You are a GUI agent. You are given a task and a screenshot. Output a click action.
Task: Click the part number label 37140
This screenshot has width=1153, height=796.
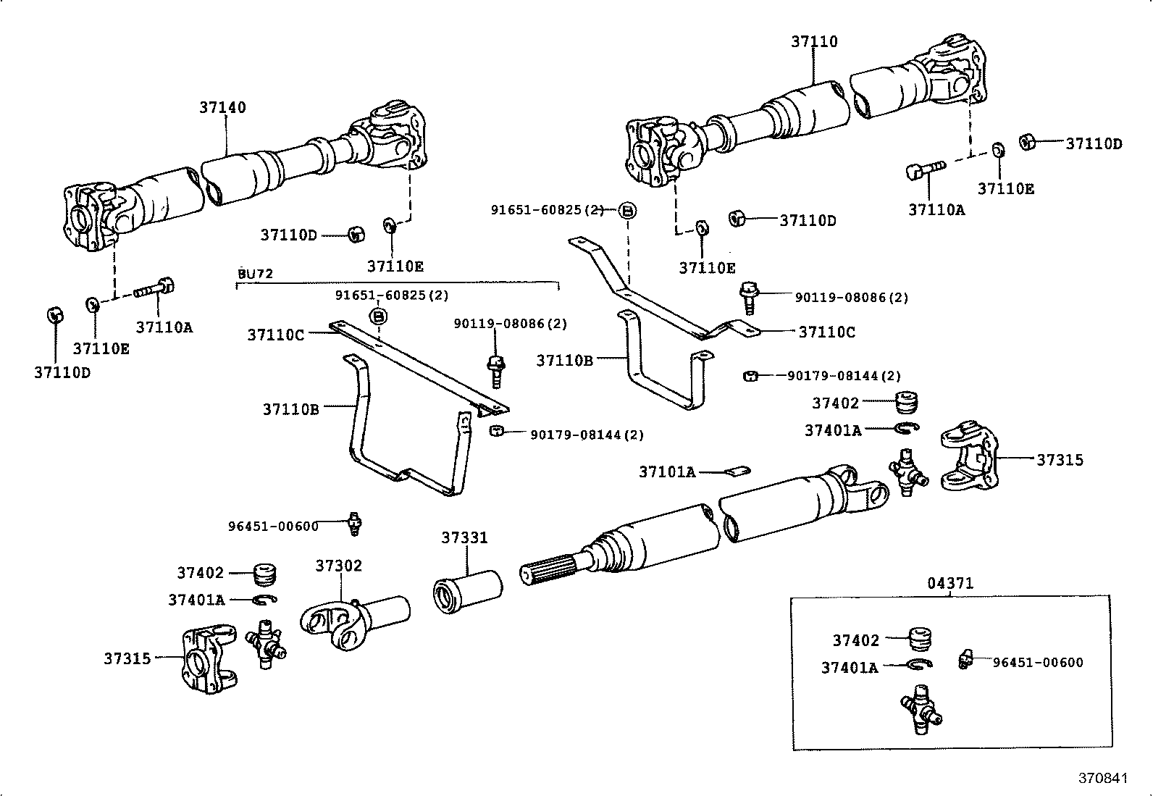pos(222,107)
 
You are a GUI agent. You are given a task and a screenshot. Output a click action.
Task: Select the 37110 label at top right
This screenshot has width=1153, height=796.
pos(813,41)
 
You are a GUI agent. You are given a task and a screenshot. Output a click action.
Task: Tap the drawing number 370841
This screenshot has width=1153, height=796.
pos(1104,778)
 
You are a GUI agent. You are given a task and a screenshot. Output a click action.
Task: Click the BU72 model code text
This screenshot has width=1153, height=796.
pos(256,274)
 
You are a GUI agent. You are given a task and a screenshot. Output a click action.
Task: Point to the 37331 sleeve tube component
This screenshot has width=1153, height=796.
pos(467,590)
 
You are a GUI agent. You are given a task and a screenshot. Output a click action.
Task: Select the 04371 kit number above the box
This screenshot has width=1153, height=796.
pos(950,583)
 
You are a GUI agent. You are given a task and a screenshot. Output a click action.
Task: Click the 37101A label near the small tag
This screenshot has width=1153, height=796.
pos(666,472)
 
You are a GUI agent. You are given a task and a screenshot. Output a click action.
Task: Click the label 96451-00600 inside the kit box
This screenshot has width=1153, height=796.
pos(1038,662)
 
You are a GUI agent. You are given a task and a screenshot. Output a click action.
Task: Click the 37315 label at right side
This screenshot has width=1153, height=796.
pos(1060,460)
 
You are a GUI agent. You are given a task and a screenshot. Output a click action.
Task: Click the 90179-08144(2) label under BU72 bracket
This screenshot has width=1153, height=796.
pos(587,435)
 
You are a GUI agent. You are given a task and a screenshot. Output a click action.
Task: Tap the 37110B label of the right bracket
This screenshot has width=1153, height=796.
pos(564,360)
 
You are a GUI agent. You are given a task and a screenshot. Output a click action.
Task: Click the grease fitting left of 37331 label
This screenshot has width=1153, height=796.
pos(353,523)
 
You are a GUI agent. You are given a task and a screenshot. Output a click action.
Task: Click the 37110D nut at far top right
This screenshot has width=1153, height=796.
pos(1026,141)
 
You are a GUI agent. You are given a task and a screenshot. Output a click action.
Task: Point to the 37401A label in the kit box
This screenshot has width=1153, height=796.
pos(849,667)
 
